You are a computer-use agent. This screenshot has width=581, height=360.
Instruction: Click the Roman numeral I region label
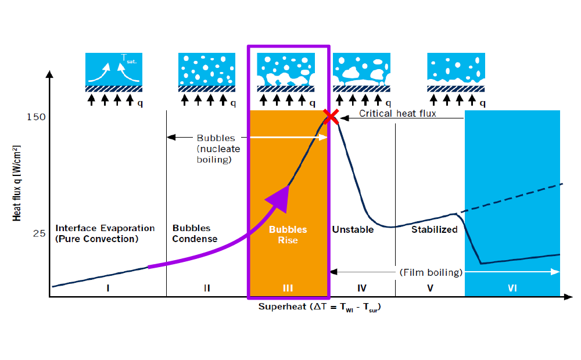tap(109, 287)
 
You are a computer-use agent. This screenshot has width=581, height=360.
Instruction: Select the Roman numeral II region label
tap(207, 287)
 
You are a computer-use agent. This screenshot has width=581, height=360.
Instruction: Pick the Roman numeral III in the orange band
tap(288, 287)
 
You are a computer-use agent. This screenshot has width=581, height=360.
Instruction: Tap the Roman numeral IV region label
tap(362, 287)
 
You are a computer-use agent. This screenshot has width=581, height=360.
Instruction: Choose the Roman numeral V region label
tap(430, 287)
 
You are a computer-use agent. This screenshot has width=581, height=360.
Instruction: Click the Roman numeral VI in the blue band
tap(512, 287)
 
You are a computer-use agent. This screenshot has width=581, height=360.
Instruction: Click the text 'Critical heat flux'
tap(397, 114)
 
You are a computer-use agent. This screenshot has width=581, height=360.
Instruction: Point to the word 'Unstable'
tap(353, 229)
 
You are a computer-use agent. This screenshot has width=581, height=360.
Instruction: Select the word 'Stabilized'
tap(435, 229)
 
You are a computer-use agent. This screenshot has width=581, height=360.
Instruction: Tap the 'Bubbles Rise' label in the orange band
tap(288, 235)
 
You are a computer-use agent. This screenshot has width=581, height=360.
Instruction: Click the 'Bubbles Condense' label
tap(195, 233)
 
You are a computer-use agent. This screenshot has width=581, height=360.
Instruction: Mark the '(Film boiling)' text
tap(431, 272)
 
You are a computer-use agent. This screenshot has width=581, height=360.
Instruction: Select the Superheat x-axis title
tap(319, 307)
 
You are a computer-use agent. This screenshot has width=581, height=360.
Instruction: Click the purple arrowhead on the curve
tap(279, 196)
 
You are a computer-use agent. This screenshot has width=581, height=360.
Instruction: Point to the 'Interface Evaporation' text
tap(105, 228)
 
